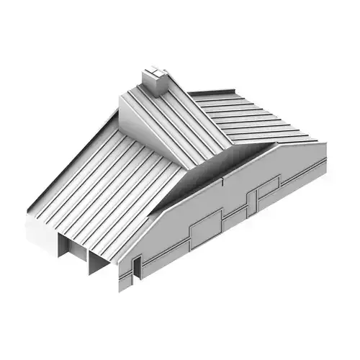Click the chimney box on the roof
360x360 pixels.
tap(155, 81)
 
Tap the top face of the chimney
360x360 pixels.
tap(156, 71)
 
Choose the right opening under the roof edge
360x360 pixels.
tap(99, 263)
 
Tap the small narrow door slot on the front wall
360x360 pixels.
tap(133, 270)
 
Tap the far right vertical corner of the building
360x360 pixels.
tap(325, 158)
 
